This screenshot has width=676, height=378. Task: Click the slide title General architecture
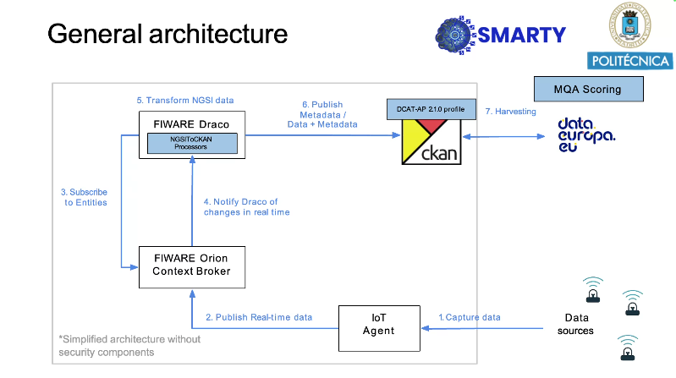[x=168, y=34]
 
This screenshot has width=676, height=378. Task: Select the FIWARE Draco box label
[x=191, y=124]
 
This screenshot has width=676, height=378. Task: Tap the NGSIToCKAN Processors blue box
[x=192, y=143]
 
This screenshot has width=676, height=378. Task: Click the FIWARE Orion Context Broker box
[x=192, y=267]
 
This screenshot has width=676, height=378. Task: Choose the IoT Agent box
[x=379, y=328]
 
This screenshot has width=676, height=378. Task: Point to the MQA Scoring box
[x=589, y=90]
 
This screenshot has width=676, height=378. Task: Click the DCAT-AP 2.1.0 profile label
[x=431, y=109]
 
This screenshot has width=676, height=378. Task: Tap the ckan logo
[x=431, y=142]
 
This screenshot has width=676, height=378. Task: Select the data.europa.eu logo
[x=586, y=135]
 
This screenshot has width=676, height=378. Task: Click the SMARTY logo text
[x=522, y=35]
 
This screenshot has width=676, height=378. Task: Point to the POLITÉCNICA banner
[x=629, y=61]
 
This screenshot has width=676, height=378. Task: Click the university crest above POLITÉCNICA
[x=629, y=25]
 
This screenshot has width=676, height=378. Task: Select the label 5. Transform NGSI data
[x=185, y=100]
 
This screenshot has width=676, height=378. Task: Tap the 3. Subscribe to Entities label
[x=85, y=197]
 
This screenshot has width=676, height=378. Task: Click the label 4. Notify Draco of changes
[x=246, y=207]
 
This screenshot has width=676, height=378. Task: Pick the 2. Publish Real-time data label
[x=259, y=317]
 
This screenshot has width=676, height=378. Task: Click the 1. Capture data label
[x=470, y=317]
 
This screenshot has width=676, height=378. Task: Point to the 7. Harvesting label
[x=510, y=112]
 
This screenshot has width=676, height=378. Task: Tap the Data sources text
[x=576, y=324]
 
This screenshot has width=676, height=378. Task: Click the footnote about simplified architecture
[x=129, y=346]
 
